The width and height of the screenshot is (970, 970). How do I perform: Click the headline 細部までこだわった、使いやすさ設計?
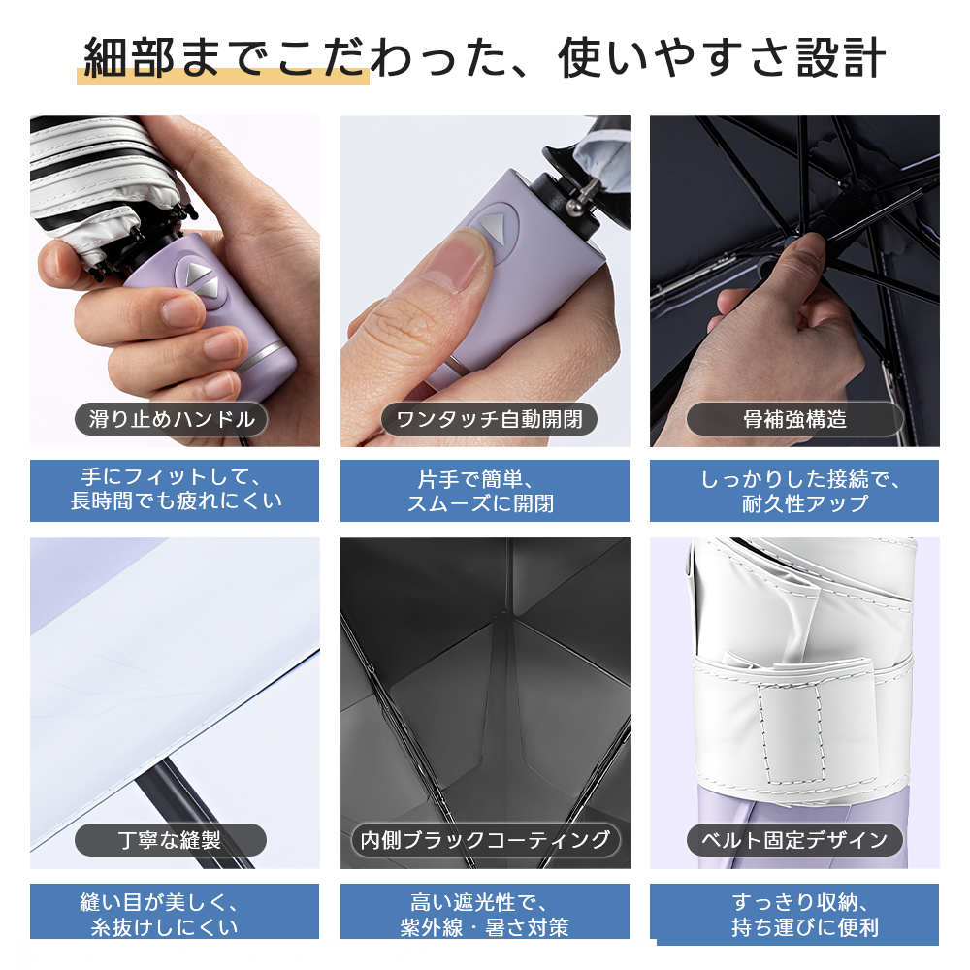tap(484, 57)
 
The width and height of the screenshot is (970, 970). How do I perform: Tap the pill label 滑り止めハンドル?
tap(171, 419)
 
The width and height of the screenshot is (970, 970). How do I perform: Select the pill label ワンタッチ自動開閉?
tap(489, 419)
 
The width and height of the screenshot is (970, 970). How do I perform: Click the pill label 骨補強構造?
tap(794, 419)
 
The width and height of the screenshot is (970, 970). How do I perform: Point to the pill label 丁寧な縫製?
tap(171, 839)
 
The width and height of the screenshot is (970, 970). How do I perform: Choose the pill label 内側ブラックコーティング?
tap(485, 839)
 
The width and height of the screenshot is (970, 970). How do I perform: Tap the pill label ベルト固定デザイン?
tap(794, 839)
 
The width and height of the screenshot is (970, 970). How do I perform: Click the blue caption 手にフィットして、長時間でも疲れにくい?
tap(175, 491)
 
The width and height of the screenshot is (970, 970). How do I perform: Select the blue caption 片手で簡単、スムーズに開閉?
tap(485, 491)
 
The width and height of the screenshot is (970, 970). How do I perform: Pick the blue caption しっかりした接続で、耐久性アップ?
tap(794, 491)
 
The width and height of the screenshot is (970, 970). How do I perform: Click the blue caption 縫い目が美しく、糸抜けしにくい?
tap(175, 913)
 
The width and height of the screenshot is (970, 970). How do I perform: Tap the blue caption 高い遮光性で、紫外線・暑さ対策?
tap(485, 913)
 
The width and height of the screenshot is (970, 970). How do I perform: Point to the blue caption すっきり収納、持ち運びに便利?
tap(794, 914)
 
